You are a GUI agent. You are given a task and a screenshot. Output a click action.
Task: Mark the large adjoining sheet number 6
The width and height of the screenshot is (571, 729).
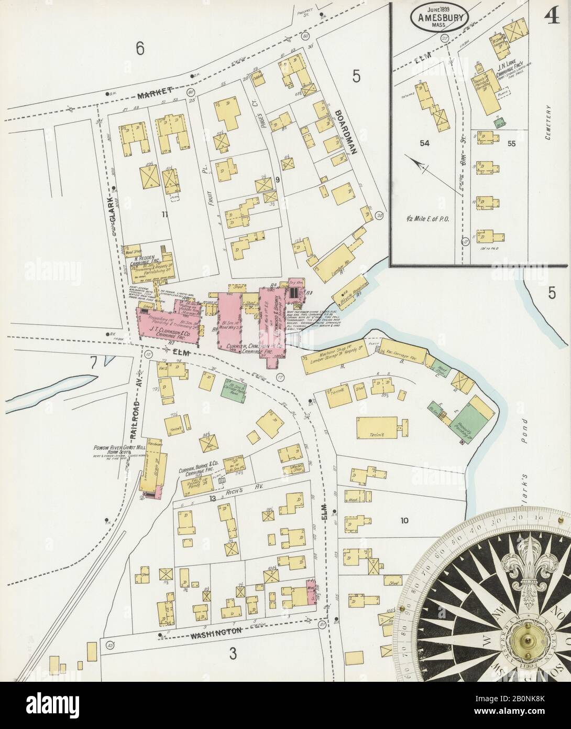(140, 48)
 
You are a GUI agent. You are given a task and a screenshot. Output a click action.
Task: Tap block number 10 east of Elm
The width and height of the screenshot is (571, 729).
(404, 521)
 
